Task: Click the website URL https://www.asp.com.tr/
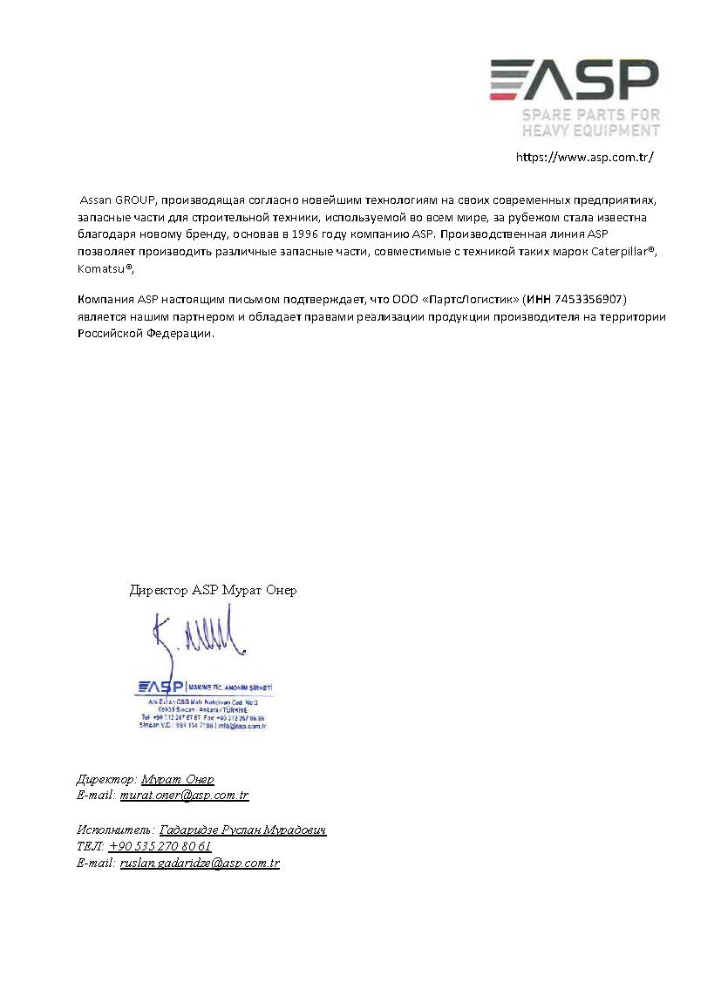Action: [584, 158]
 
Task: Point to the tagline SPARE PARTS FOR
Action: [590, 115]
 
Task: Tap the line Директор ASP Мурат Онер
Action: [213, 590]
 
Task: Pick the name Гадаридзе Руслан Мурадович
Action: [242, 830]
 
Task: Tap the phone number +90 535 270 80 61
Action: [160, 846]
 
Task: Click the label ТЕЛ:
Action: [90, 846]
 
